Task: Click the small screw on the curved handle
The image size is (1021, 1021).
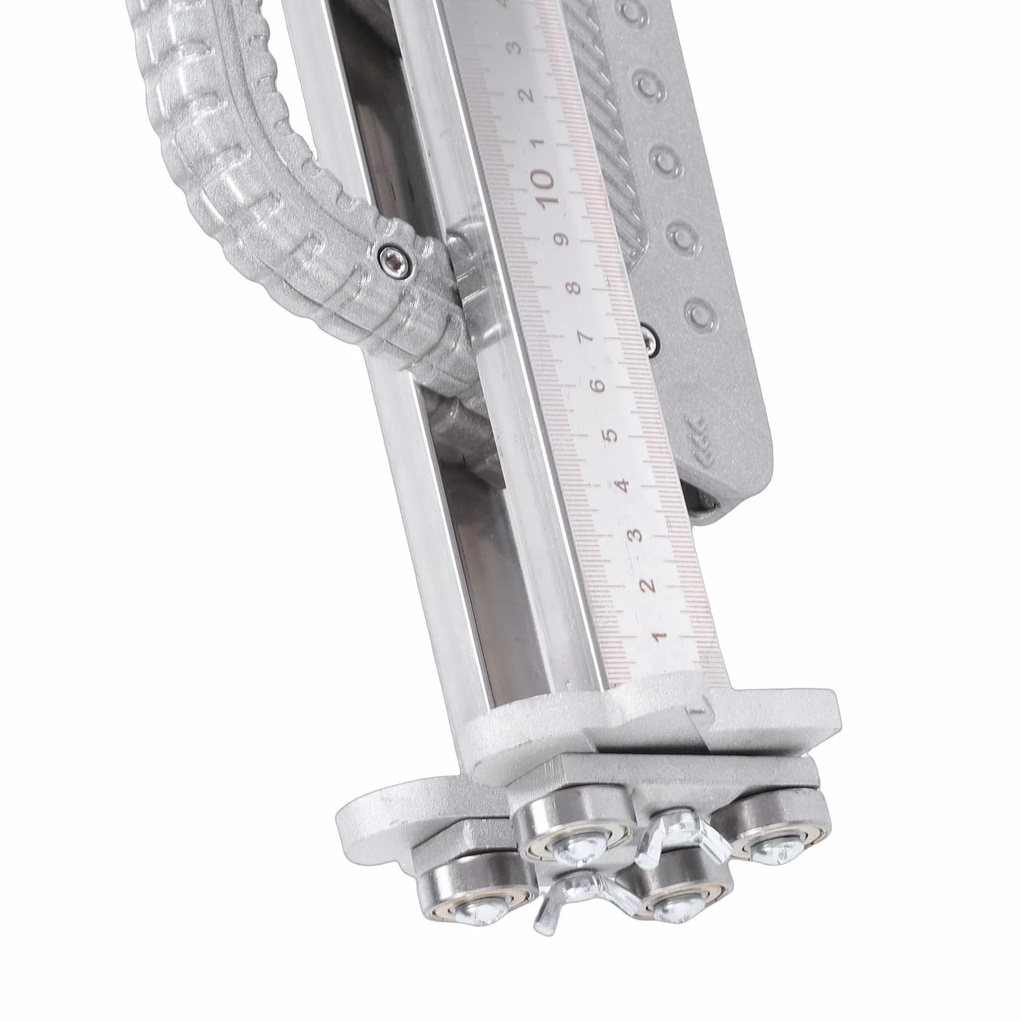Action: [393, 258]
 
